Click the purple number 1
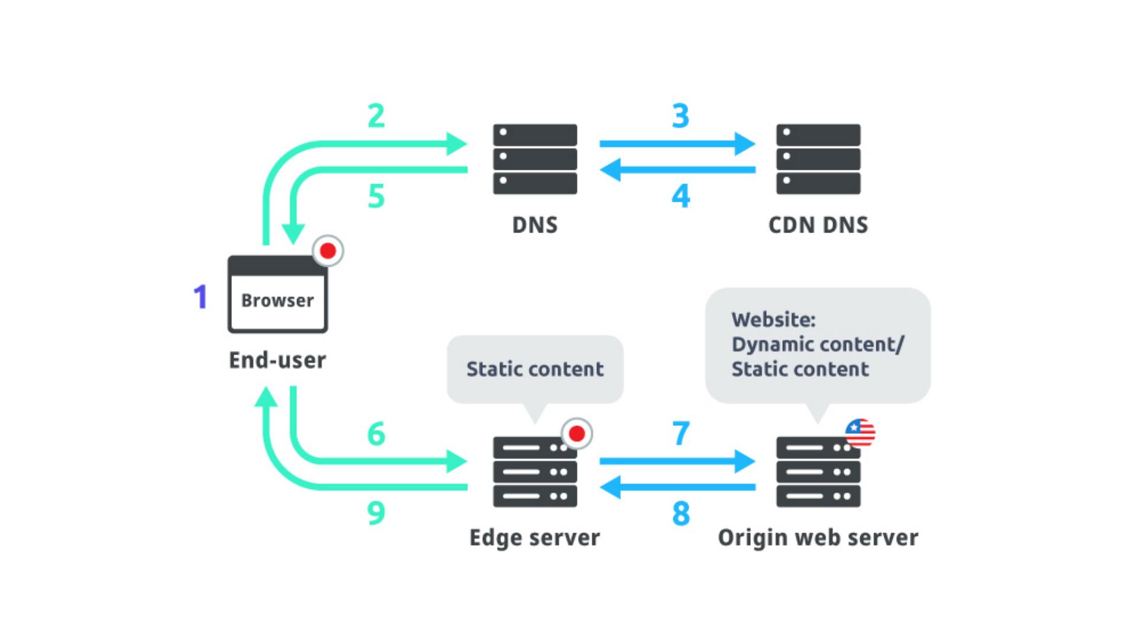point(201,297)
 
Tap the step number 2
point(376,116)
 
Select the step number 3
point(680,116)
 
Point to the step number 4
point(680,196)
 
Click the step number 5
point(376,196)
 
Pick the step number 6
point(376,434)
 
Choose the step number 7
point(680,434)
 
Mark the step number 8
point(680,513)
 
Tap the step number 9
point(376,513)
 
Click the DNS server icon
point(535,159)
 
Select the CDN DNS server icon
point(818,159)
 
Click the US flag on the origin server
point(860,434)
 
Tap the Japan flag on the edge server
point(576,434)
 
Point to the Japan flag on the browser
point(328,251)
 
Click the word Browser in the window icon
point(277,301)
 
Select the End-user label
point(277,360)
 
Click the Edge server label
point(534,537)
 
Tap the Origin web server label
point(818,537)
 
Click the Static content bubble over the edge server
point(535,369)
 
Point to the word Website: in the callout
point(773,319)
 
